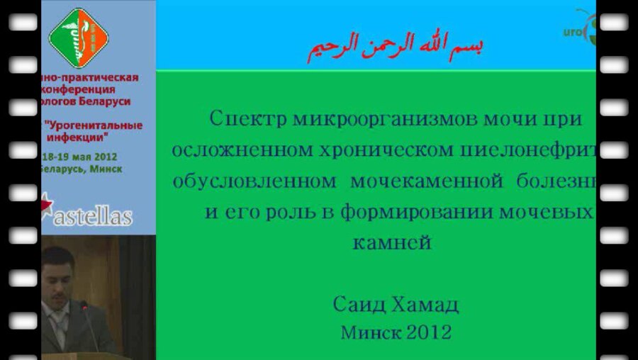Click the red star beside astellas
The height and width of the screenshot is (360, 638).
coord(46,204)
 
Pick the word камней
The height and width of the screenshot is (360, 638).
coord(392,243)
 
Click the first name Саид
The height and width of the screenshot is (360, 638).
coord(359,305)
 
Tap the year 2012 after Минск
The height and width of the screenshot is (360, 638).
coord(429,332)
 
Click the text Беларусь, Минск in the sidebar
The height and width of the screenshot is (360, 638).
coord(81,169)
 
